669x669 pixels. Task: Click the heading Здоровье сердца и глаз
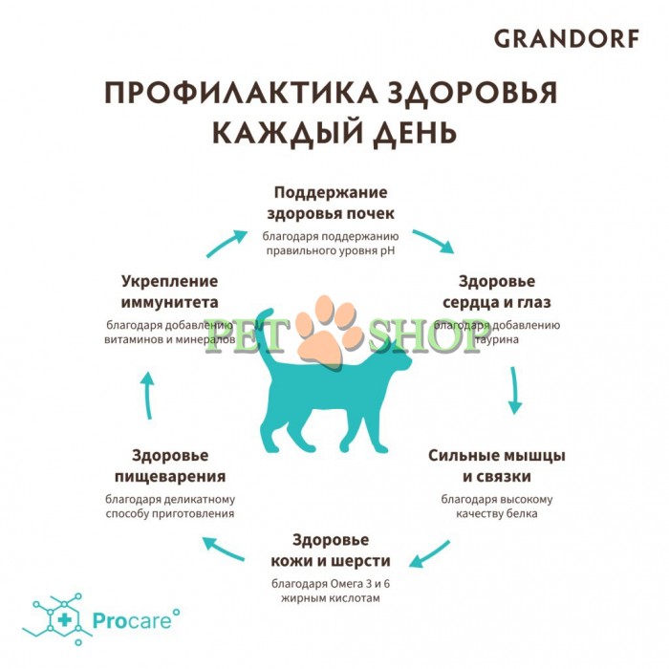pyautogui.click(x=497, y=291)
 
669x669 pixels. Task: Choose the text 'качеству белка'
pyautogui.click(x=496, y=513)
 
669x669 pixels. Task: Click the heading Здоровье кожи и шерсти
pyautogui.click(x=330, y=549)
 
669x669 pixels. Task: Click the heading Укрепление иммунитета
pyautogui.click(x=170, y=291)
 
